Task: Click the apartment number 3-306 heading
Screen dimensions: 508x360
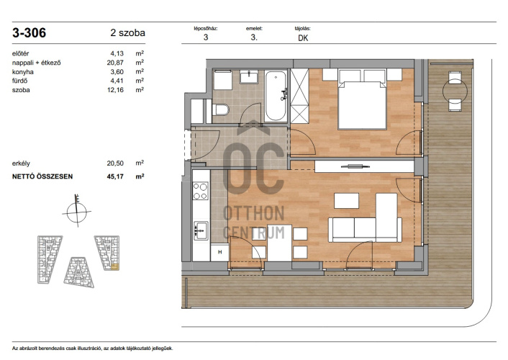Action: (x=30, y=32)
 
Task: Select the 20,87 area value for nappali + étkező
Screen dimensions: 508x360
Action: (x=115, y=63)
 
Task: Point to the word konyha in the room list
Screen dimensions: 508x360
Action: (x=23, y=72)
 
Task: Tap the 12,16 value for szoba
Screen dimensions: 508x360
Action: (x=115, y=90)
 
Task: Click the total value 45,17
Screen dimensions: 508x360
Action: (x=115, y=176)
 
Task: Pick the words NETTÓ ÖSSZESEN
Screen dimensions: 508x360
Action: (x=42, y=176)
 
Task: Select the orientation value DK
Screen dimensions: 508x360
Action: (x=303, y=38)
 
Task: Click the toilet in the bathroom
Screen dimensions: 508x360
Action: (x=221, y=109)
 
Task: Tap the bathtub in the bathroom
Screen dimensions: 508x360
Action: (x=276, y=96)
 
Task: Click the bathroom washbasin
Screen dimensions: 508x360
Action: (x=249, y=77)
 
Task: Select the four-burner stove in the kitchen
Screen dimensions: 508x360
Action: (x=201, y=191)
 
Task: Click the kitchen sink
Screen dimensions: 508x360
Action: (x=201, y=230)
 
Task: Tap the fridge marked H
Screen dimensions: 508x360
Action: (x=220, y=252)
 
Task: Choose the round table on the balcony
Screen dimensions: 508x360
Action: (x=455, y=91)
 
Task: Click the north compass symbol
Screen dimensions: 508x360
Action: (x=77, y=211)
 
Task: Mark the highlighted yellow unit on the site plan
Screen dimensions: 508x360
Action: (x=115, y=267)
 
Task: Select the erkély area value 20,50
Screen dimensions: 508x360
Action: (x=115, y=163)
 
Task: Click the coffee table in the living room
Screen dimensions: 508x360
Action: (x=346, y=201)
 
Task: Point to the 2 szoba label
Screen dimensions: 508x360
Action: (x=127, y=32)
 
